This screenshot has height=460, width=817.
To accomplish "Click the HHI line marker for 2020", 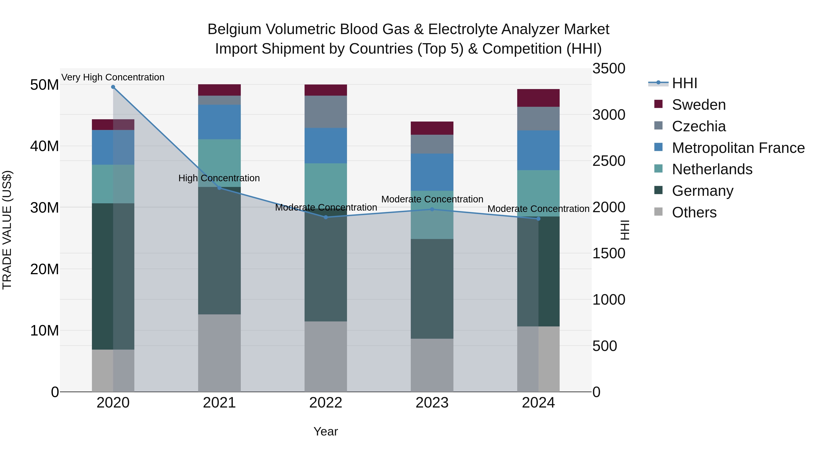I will tap(113, 87).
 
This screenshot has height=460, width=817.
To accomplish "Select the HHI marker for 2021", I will tap(219, 188).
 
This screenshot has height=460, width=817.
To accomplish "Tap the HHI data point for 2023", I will tap(432, 209).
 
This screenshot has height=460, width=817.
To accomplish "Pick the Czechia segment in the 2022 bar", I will tap(326, 112).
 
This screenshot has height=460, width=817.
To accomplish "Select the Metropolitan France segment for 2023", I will tap(432, 172).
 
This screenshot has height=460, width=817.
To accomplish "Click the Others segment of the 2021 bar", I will tap(219, 353).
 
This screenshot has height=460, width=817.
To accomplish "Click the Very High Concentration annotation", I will tap(113, 77).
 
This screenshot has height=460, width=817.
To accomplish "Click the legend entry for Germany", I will tap(702, 191).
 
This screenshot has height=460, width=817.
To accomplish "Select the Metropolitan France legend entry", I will tap(738, 148).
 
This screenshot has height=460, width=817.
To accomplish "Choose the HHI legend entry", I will tap(684, 83).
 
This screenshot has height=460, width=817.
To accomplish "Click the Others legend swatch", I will tap(658, 212).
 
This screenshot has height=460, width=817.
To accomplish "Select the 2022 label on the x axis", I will tap(326, 403).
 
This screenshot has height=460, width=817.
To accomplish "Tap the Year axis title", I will tap(326, 431).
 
